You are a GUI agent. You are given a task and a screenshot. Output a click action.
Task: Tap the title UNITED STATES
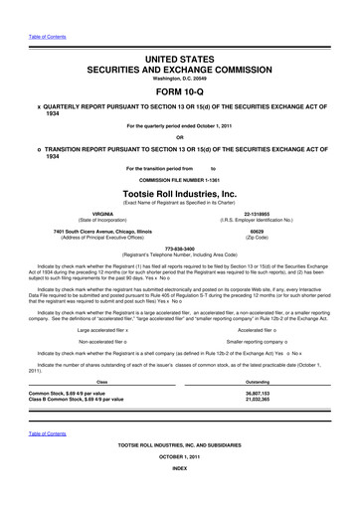coord(179,62)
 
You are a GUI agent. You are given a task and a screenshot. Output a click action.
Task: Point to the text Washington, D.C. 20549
coord(179,83)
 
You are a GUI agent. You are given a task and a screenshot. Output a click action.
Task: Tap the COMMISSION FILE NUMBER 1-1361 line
coord(179,179)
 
